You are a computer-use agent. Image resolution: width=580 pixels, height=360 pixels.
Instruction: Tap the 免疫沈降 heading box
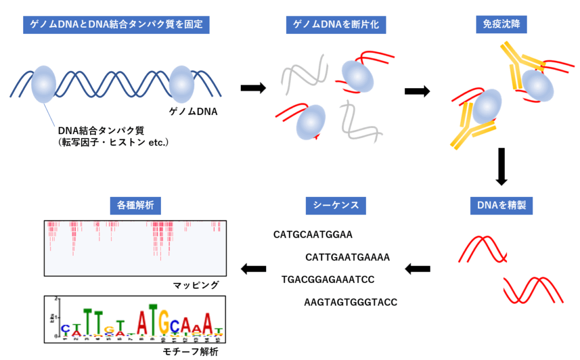point(501,24)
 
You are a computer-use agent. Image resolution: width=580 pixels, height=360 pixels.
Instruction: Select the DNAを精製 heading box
point(501,205)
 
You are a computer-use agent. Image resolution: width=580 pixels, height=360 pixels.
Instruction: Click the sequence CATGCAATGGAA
point(313,234)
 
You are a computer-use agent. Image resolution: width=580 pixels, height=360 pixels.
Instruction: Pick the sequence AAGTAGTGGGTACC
point(351,302)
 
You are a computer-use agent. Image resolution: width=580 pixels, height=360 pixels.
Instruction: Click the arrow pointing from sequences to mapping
point(254,268)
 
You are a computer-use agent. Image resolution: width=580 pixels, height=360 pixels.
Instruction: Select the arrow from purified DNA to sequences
point(417,268)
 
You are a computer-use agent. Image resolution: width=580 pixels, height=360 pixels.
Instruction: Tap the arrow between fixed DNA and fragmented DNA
point(253,88)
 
